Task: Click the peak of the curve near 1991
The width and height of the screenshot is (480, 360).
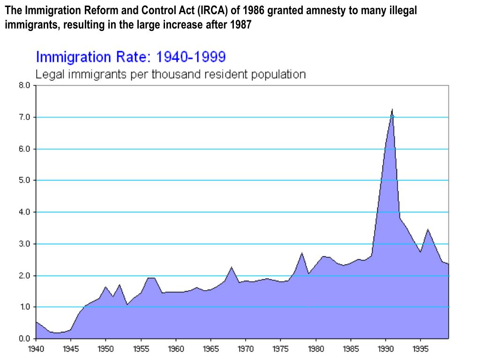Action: (x=392, y=110)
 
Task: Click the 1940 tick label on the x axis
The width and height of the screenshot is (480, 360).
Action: (x=36, y=349)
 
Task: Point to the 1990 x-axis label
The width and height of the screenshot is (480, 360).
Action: (x=385, y=349)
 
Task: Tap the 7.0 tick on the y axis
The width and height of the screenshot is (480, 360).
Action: (x=25, y=117)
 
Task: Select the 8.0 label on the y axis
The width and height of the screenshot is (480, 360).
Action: (x=25, y=86)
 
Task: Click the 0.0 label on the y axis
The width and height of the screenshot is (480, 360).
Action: (x=25, y=338)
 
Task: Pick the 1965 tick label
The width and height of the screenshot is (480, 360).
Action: (x=210, y=349)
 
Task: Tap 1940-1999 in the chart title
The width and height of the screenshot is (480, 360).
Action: (x=191, y=57)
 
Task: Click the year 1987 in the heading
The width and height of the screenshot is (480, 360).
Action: (x=241, y=25)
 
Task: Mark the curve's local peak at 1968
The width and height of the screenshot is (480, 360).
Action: (x=232, y=267)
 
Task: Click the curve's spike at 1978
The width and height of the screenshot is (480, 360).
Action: (x=302, y=253)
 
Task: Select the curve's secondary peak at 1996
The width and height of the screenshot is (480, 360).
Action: (x=427, y=229)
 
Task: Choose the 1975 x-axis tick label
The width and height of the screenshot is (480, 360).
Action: (x=280, y=349)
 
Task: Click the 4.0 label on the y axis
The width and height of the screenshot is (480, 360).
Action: (x=25, y=212)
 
